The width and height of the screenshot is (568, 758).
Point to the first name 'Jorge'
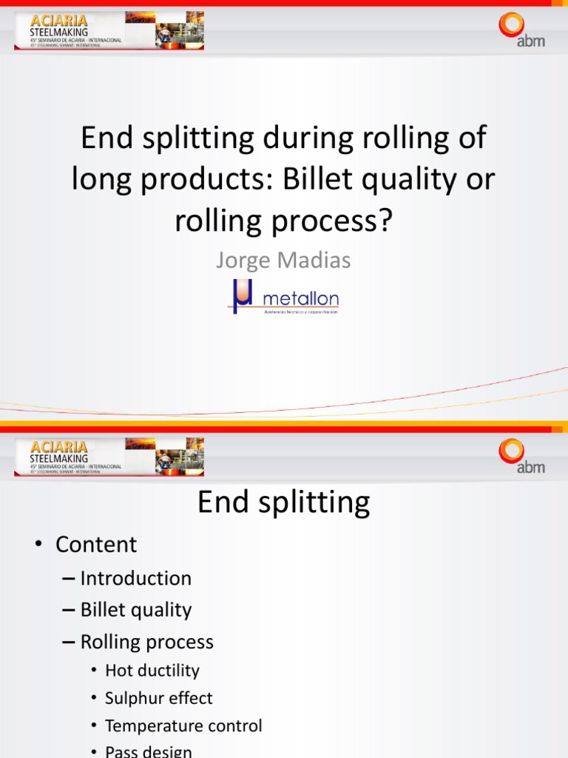[x=244, y=260]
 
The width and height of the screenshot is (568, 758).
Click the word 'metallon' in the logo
[x=301, y=299]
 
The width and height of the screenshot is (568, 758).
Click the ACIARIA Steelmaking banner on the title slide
[x=109, y=30]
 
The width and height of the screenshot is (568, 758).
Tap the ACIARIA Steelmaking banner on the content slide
[x=109, y=456]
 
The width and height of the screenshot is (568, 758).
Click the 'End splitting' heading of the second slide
[x=283, y=503]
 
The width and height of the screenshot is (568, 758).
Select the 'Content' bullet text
[x=96, y=545]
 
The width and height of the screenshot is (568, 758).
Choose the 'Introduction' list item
[x=135, y=578]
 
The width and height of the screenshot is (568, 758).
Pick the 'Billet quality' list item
[x=135, y=610]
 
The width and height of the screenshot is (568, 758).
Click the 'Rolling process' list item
[x=146, y=642]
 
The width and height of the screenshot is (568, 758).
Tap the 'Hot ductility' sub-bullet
[x=152, y=671]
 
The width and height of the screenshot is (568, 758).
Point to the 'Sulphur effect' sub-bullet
[x=158, y=698]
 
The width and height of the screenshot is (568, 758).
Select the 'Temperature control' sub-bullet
[x=183, y=726]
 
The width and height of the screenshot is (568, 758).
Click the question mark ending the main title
[x=382, y=221]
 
